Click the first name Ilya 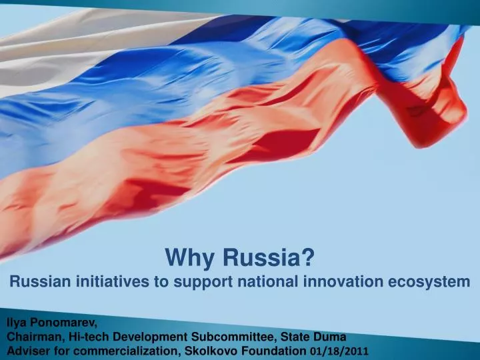pyautogui.click(x=17, y=323)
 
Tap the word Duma pyautogui.click(x=330, y=336)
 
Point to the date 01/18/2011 pyautogui.click(x=337, y=350)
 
